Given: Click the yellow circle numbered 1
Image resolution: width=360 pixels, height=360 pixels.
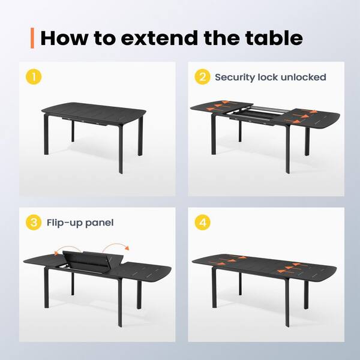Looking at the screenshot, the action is [x=34, y=77].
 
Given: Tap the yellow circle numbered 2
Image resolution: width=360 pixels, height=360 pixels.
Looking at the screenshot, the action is [x=203, y=77].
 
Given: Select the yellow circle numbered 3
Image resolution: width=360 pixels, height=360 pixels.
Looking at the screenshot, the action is [x=34, y=222].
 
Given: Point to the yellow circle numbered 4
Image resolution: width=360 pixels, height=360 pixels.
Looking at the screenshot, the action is [x=203, y=222].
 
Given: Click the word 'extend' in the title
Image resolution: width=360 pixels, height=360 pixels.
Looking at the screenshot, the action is [x=160, y=38].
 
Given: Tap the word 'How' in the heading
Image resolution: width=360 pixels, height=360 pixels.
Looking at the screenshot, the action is [x=64, y=38].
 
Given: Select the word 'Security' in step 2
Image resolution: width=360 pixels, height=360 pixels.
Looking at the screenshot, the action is [x=235, y=77].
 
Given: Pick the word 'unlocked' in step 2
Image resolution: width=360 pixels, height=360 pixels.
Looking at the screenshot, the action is [x=303, y=77].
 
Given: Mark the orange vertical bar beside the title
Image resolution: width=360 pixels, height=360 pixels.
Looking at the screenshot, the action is [x=32, y=38].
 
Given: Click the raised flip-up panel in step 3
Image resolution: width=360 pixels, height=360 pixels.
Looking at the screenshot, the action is [x=93, y=261].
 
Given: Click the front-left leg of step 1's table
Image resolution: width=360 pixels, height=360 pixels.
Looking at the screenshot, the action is [x=46, y=134].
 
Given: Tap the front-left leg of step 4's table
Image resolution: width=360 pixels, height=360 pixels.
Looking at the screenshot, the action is [x=214, y=287].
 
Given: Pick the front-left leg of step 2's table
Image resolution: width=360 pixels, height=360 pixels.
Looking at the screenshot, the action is [x=214, y=134].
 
